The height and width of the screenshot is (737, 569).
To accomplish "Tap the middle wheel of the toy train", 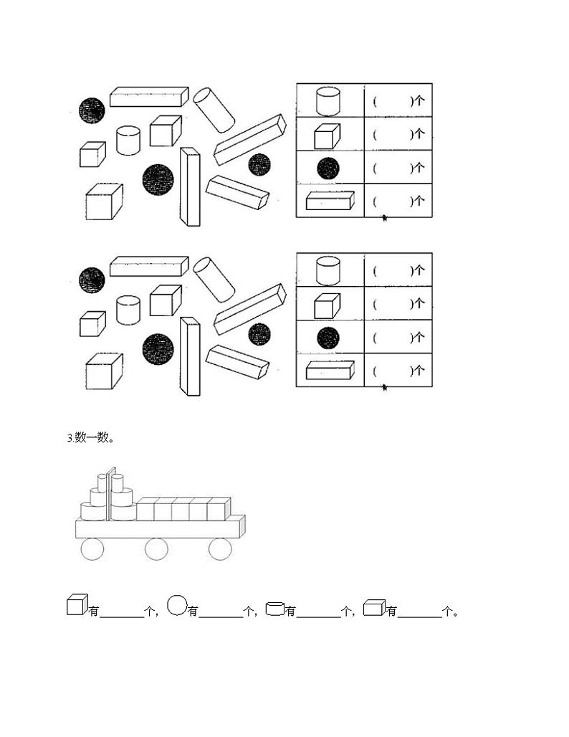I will tap(156, 549).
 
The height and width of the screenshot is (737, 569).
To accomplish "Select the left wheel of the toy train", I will tap(92, 549).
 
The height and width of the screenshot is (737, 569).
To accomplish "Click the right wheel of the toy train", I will tap(220, 549).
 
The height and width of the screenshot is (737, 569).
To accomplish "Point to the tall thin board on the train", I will tap(110, 495).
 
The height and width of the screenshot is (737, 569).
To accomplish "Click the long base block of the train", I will tap(159, 528).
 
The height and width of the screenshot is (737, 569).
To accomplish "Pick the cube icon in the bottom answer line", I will tap(77, 606).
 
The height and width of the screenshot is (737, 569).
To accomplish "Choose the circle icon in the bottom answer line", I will tap(177, 606).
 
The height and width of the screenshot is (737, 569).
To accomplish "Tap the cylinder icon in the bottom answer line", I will tap(274, 609).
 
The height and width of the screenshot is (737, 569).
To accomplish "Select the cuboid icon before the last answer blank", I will tap(374, 608).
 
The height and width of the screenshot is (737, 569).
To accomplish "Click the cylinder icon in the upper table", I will tap(328, 100).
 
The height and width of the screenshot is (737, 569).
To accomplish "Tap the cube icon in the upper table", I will tap(327, 135).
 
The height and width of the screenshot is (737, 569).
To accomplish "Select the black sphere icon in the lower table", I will tap(328, 337).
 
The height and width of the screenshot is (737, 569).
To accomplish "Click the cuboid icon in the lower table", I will tap(330, 370).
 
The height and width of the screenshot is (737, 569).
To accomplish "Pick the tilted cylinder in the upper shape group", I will tap(214, 109).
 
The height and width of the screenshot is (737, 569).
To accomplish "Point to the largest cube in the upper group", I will tap(104, 203).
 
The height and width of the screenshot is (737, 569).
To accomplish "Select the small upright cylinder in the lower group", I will tap(128, 309).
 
